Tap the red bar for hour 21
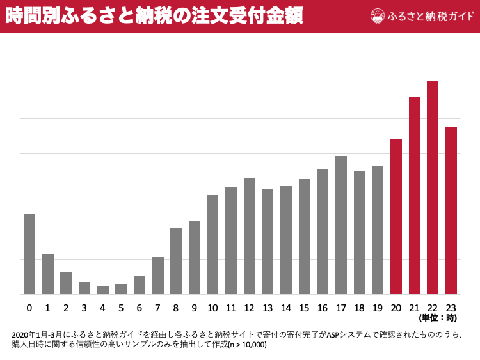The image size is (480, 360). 415,196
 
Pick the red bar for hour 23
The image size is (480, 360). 451,210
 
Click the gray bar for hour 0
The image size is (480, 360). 29,254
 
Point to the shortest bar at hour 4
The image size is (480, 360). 102,290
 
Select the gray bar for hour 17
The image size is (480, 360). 341,225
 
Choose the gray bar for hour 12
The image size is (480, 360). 250,236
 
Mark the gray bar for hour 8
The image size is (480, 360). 176,261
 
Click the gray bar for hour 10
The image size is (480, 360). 212,244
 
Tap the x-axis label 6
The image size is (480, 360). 140,308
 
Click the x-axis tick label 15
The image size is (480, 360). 305,308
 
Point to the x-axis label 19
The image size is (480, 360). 378,308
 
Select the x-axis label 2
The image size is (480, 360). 66,308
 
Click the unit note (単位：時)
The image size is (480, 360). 438,318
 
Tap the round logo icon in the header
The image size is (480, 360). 378,16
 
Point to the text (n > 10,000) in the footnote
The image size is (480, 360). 247,345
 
